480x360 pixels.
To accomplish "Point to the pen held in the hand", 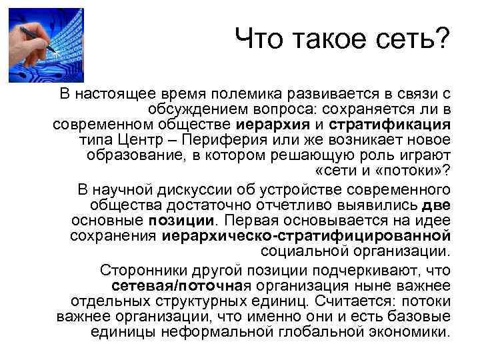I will (x=34, y=33).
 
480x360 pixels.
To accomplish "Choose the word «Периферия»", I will (x=231, y=140).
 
